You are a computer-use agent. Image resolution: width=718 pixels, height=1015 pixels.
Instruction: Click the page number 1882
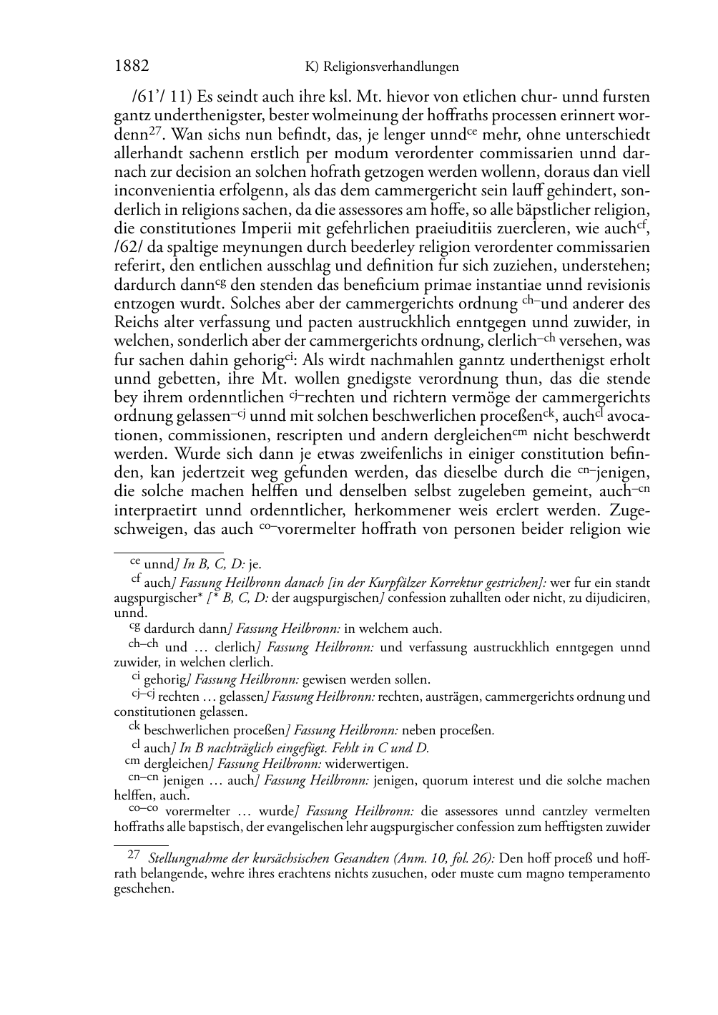132,67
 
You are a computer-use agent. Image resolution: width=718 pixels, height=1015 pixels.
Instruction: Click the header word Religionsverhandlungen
391,67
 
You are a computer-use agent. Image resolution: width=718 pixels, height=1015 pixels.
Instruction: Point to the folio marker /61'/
129,97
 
